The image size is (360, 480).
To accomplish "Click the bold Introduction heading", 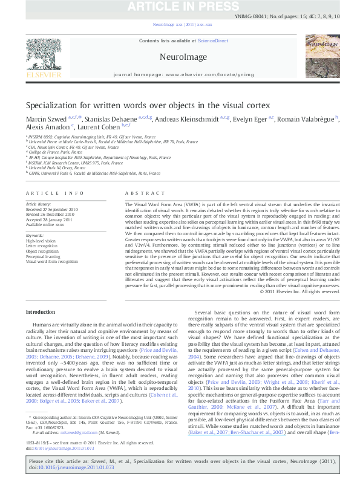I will (x=42, y=312).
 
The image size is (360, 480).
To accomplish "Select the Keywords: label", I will (x=36, y=235).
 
